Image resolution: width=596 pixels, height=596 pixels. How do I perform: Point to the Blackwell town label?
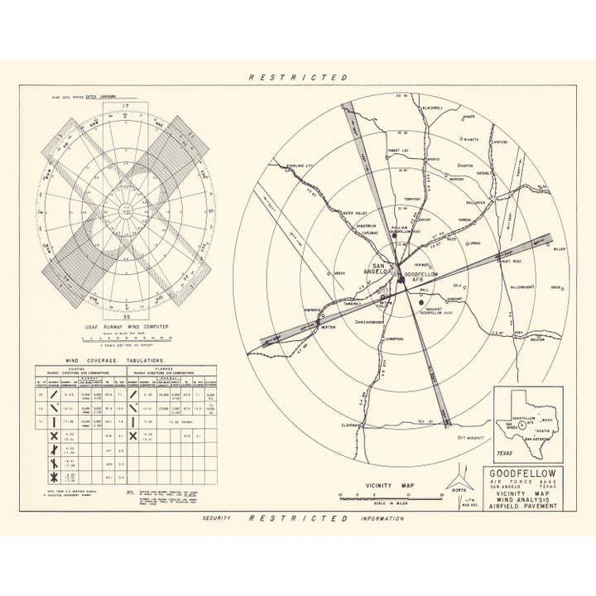[432, 107]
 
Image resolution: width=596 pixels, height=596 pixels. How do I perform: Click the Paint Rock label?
[512, 262]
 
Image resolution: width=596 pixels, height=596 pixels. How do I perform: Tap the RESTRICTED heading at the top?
[298, 77]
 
